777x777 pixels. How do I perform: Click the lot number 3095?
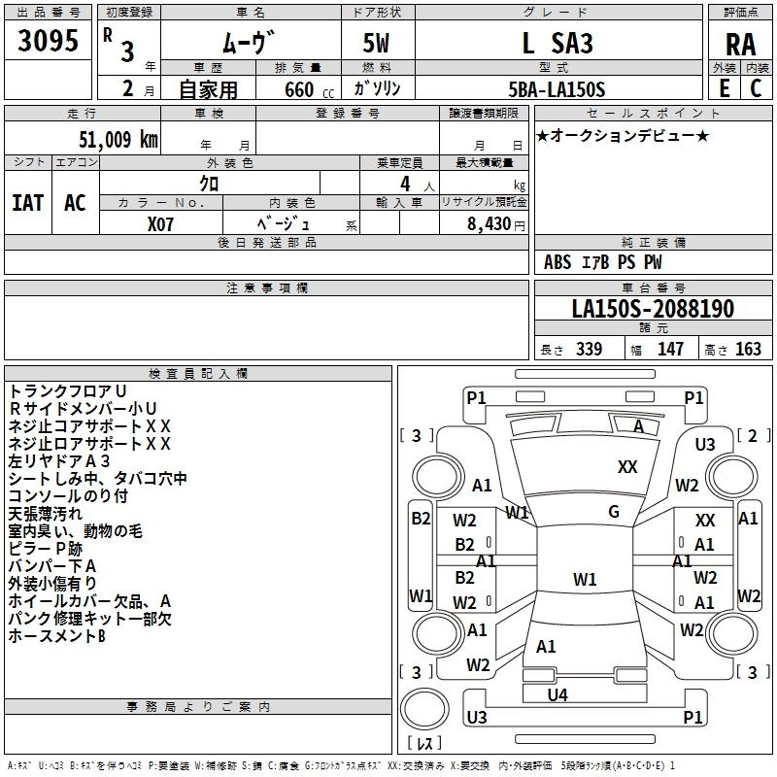click(x=48, y=41)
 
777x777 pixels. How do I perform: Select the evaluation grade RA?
click(x=740, y=45)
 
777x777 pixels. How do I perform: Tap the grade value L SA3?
click(x=557, y=44)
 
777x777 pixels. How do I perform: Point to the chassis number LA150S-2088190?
click(x=652, y=309)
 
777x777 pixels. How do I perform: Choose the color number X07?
click(x=161, y=221)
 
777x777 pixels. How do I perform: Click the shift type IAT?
click(x=27, y=203)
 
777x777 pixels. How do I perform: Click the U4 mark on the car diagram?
click(x=557, y=693)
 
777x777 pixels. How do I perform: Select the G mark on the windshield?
click(x=614, y=511)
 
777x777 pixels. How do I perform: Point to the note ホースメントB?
click(x=56, y=636)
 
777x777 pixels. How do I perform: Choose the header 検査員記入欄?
click(x=198, y=374)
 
